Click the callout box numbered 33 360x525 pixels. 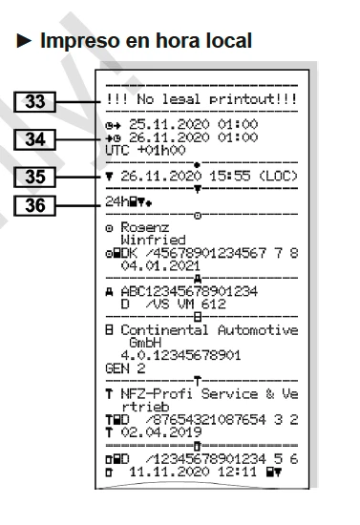pyautogui.click(x=34, y=102)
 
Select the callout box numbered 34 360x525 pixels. pyautogui.click(x=34, y=139)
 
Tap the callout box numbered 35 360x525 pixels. pyautogui.click(x=34, y=177)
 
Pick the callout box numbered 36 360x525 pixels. pyautogui.click(x=34, y=205)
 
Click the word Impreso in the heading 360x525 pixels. pyautogui.click(x=79, y=41)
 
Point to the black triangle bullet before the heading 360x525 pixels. pyautogui.click(x=24, y=41)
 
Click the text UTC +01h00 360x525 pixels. pyautogui.click(x=145, y=150)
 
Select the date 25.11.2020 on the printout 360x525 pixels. pyautogui.click(x=169, y=124)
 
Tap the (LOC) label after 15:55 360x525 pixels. pyautogui.click(x=278, y=177)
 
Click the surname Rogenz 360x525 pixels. pyautogui.click(x=145, y=228)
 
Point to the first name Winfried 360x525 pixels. pyautogui.click(x=153, y=240)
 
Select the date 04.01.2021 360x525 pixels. pyautogui.click(x=160, y=266)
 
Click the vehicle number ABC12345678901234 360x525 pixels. pyautogui.click(x=189, y=291)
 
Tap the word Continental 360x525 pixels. pyautogui.click(x=164, y=330)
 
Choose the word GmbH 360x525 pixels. pyautogui.click(x=145, y=343)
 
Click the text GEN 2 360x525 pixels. pyautogui.click(x=125, y=368)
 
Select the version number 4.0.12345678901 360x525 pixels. pyautogui.click(x=180, y=356)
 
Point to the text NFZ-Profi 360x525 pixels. pyautogui.click(x=157, y=393)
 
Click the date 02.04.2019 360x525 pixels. pyautogui.click(x=161, y=432)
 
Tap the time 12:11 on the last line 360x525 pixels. pyautogui.click(x=237, y=472)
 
